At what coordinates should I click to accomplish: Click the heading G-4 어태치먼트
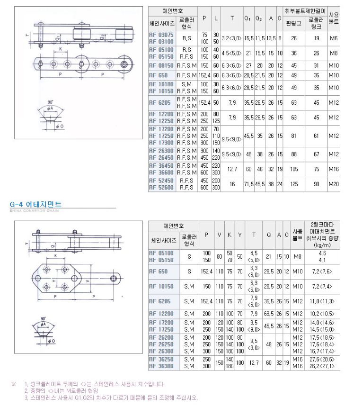coord(35,204)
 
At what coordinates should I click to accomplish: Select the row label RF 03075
coord(161,35)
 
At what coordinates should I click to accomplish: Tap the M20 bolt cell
coord(334,184)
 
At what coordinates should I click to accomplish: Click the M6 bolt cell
coord(334,38)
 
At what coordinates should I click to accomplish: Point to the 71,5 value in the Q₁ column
coord(248,184)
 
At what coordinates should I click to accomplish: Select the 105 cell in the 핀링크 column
coord(293,169)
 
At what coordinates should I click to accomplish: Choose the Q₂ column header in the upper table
coord(259,18)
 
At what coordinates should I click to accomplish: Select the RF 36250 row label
coord(161,359)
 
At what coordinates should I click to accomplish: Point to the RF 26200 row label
coord(161,338)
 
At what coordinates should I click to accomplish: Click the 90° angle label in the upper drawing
coord(50,102)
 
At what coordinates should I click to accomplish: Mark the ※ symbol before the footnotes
coord(13,384)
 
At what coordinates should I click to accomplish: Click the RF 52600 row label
coord(161,188)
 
